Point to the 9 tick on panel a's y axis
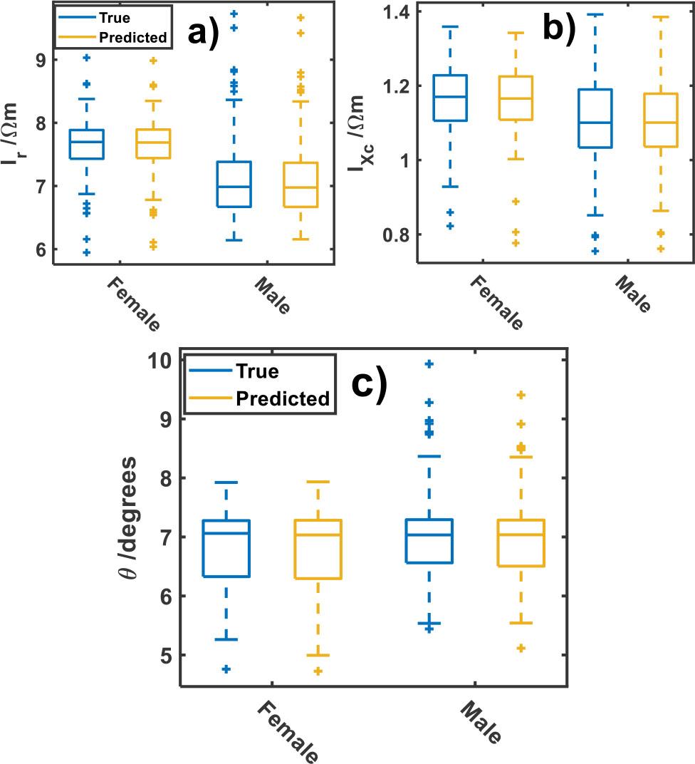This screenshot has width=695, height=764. pos(40,60)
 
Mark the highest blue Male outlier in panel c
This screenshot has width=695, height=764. pos(429,364)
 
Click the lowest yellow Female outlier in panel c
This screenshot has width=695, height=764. pos(318,671)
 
